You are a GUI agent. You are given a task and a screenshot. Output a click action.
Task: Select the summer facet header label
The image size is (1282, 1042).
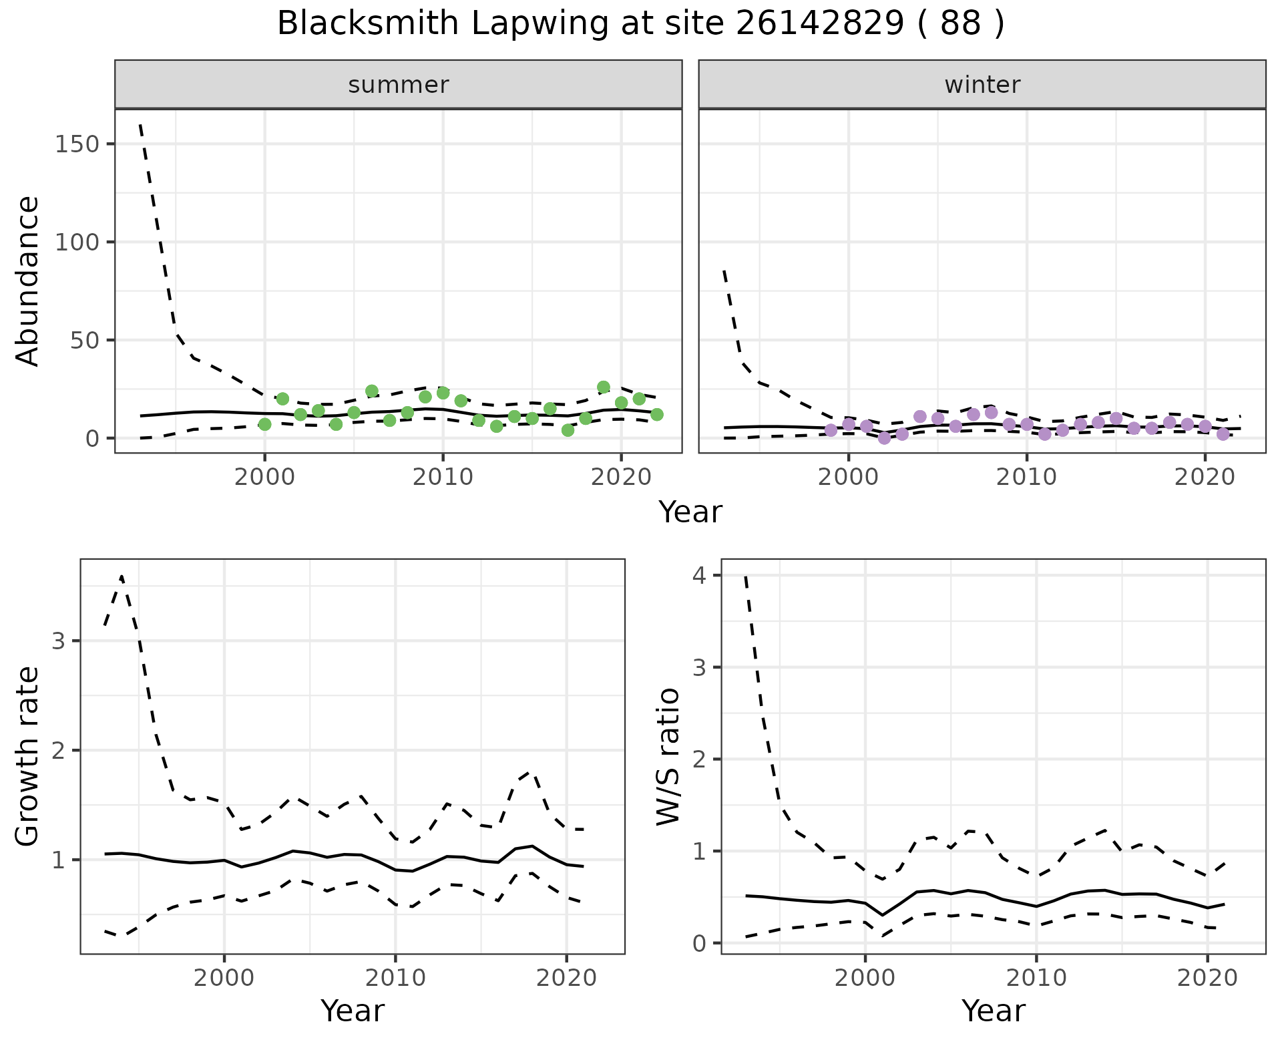click(399, 85)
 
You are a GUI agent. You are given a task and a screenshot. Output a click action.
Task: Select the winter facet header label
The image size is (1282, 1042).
click(982, 85)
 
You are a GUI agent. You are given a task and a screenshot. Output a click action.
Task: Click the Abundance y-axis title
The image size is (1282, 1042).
click(28, 281)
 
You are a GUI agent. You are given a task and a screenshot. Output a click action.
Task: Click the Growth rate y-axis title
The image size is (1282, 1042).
click(28, 757)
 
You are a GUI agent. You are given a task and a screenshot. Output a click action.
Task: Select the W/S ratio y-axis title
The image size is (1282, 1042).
click(668, 757)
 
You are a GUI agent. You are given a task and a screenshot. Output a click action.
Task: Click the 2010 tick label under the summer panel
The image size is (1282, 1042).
click(442, 478)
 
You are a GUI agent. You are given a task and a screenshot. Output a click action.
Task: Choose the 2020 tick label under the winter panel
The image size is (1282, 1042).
click(1205, 478)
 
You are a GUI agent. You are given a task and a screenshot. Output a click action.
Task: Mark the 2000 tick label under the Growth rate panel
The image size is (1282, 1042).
click(224, 979)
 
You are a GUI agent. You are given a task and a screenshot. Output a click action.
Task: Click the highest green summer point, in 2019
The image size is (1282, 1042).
click(604, 387)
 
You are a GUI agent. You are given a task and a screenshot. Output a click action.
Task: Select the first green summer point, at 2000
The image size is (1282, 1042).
click(264, 424)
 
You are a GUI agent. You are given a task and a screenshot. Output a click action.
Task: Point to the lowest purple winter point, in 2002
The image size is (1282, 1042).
click(885, 438)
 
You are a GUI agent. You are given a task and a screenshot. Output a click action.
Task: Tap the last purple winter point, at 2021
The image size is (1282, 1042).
click(1223, 434)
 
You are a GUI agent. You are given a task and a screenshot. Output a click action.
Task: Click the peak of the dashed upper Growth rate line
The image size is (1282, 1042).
click(122, 576)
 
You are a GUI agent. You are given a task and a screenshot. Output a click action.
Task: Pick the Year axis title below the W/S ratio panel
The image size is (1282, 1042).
click(993, 1011)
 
